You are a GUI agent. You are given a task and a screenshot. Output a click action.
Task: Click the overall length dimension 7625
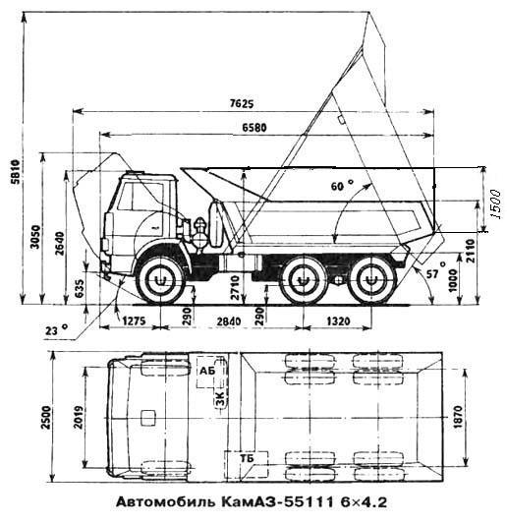(x=242, y=104)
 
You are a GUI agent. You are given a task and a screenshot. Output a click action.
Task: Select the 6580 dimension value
(x=254, y=128)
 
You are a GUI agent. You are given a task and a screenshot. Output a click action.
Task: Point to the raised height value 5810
(x=16, y=172)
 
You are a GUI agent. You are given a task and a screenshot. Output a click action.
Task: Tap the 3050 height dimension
(x=35, y=237)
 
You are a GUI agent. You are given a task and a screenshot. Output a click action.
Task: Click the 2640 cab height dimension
(x=60, y=243)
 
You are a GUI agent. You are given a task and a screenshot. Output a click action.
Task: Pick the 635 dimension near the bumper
(x=80, y=289)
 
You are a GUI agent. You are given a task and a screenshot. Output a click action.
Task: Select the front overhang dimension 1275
(x=134, y=321)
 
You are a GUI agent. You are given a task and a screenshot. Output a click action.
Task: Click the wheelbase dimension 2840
(x=229, y=321)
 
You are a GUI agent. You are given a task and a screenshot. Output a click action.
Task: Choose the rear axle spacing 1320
(x=338, y=321)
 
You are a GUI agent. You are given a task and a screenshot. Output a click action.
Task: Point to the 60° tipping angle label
(x=342, y=185)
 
